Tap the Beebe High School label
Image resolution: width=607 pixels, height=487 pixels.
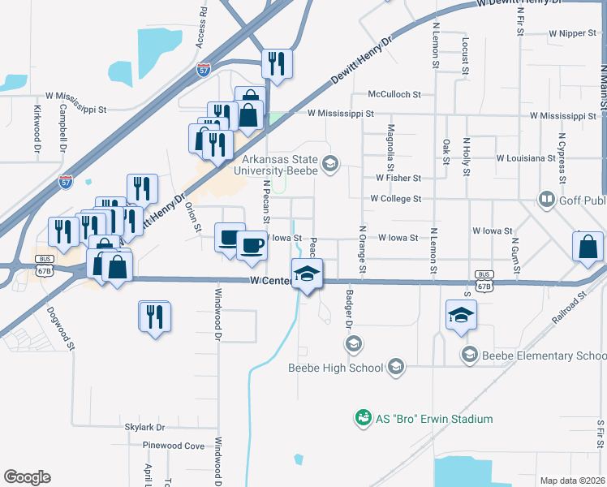pyautogui.click(x=335, y=368)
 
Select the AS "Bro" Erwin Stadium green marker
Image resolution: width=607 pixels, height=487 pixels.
pyautogui.click(x=362, y=419)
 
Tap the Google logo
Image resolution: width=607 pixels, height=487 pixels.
pyautogui.click(x=27, y=477)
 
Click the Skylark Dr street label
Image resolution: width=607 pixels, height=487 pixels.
pyautogui.click(x=144, y=427)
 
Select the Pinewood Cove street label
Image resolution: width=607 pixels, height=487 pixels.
pyautogui.click(x=173, y=446)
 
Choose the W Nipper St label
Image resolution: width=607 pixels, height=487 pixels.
pyautogui.click(x=573, y=34)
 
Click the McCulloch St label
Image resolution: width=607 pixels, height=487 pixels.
pyautogui.click(x=394, y=94)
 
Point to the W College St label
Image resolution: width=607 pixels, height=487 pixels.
pyautogui.click(x=395, y=198)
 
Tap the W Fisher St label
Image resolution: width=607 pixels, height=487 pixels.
pyautogui.click(x=398, y=178)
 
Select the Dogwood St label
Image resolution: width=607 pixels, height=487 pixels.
pyautogui.click(x=60, y=327)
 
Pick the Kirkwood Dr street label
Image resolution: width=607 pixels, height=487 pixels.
pyautogui.click(x=37, y=127)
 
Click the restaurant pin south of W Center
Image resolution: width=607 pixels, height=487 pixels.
pyautogui.click(x=154, y=317)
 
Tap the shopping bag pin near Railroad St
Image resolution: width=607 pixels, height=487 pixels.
pyautogui.click(x=587, y=248)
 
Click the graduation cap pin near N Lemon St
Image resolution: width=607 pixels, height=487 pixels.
pyautogui.click(x=461, y=315)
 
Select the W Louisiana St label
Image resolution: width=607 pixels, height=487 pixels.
pyautogui.click(x=525, y=157)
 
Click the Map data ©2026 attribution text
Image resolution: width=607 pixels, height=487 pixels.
pyautogui.click(x=571, y=481)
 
